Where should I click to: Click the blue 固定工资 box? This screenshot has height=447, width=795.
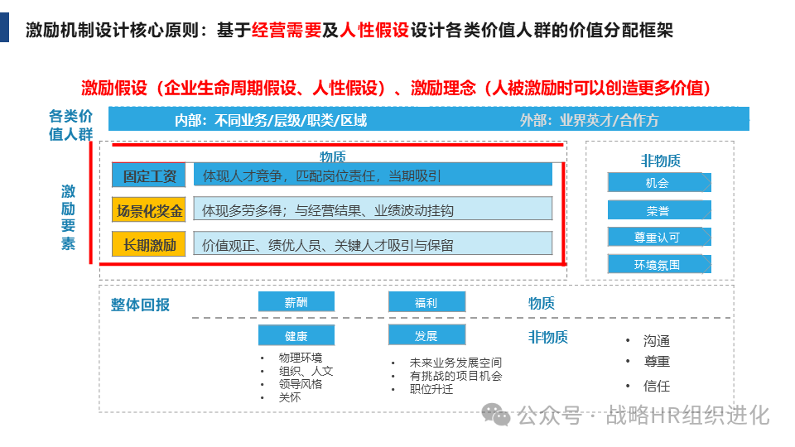point(149,175)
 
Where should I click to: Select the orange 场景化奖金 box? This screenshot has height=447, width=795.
point(149,210)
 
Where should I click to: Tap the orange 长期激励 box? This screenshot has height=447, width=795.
point(149,245)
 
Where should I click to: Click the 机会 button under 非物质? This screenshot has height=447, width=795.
point(658,183)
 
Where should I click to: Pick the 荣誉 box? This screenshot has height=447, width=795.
point(658,210)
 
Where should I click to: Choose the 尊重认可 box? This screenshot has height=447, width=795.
point(658,237)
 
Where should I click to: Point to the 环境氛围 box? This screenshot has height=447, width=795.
point(658,264)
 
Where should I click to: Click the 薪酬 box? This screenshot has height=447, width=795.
point(296,302)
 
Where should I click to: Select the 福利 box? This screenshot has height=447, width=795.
point(426,302)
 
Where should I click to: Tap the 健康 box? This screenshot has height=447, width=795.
point(296,335)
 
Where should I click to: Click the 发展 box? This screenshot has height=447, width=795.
point(426,335)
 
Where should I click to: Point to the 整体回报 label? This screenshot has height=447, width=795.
point(140,305)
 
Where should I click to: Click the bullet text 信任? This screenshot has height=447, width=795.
point(657,386)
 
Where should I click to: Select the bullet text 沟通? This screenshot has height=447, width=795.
point(657,341)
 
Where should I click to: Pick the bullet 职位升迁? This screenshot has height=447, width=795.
point(431,389)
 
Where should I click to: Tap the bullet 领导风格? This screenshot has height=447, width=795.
point(301,384)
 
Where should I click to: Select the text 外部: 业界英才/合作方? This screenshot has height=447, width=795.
point(589,120)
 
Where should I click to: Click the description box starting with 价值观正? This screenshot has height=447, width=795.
point(373,245)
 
